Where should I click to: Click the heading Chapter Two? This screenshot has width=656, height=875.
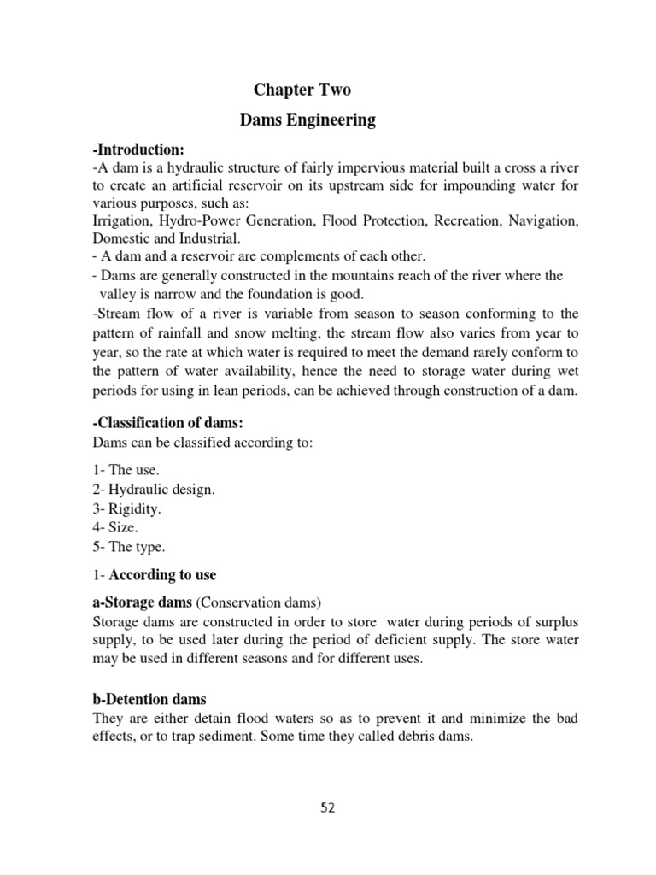302,91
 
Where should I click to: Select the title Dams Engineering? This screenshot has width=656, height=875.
307,120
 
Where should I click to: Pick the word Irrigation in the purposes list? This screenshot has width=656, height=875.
120,220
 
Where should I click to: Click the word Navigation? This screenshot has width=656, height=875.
544,220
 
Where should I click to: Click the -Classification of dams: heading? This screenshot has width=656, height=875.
161,423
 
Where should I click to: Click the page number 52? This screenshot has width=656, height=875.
327,808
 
